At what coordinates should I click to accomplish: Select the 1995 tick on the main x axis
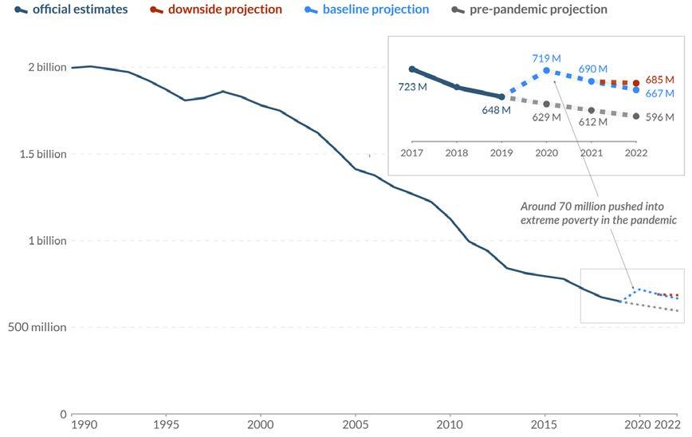point(166,424)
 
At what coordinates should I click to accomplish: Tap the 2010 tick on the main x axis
point(450,424)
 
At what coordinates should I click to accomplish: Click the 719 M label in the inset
point(546,58)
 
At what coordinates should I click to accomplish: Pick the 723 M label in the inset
point(412,86)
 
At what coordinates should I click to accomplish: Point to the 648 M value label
point(496,110)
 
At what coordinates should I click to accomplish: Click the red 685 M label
point(659,80)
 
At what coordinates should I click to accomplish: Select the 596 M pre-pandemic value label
point(659,117)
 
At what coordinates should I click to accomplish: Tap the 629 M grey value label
point(546,117)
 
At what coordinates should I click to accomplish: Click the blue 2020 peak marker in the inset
point(546,70)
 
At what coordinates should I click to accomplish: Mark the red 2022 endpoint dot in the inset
point(635,83)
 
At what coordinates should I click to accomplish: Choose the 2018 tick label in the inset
point(457,153)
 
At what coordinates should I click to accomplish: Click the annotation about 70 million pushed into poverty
point(598,213)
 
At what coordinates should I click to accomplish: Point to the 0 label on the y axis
point(63,414)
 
